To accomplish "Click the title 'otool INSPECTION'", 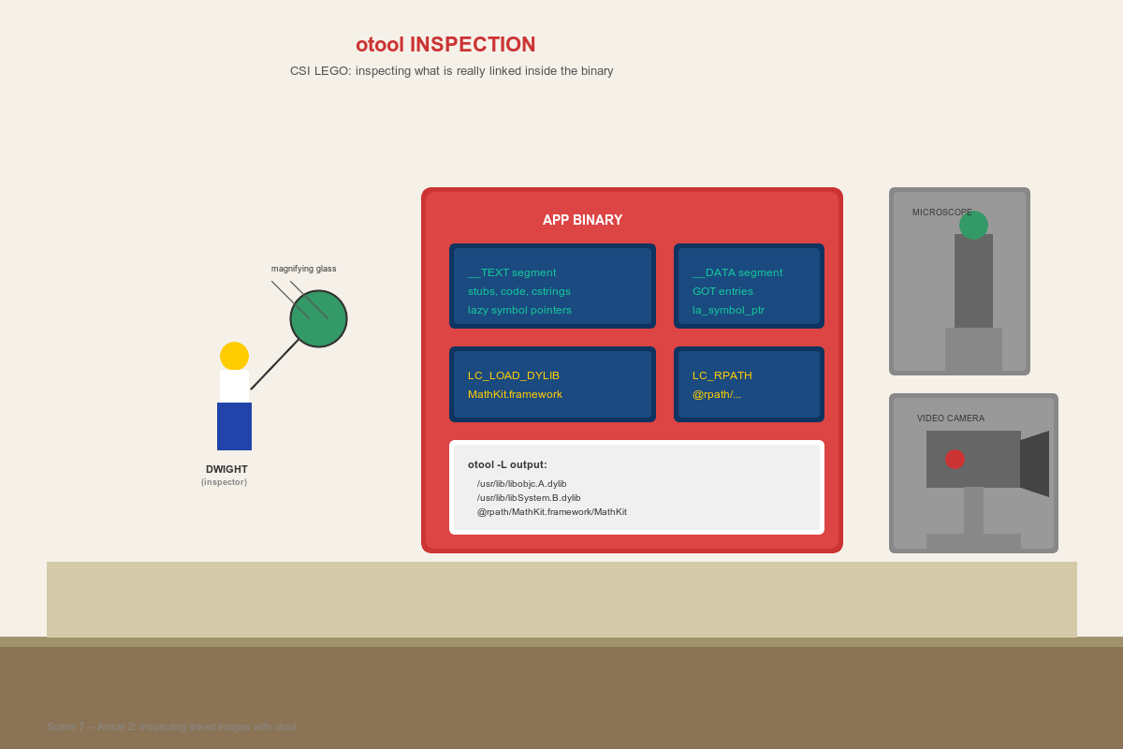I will (445, 45).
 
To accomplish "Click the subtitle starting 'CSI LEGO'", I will (451, 71).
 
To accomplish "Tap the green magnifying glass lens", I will (318, 318).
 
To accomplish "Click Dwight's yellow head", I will (234, 356).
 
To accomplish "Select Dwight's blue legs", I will (234, 426).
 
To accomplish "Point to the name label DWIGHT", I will (226, 469).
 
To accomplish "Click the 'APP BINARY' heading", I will (582, 220).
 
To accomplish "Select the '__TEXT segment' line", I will (512, 272).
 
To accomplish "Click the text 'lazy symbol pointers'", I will (519, 310).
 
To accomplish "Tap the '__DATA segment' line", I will (737, 272).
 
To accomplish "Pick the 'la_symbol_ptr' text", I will (728, 310).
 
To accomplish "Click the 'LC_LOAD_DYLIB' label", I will (514, 375).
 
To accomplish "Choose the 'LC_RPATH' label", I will (722, 375).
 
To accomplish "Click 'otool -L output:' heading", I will (507, 464).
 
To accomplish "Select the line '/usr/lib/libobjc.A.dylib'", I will (521, 484).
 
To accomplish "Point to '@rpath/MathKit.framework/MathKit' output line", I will (551, 512).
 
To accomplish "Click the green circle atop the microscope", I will (973, 225).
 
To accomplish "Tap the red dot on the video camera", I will (955, 459).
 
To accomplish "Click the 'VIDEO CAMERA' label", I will (950, 419).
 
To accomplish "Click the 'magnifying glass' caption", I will (303, 269).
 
